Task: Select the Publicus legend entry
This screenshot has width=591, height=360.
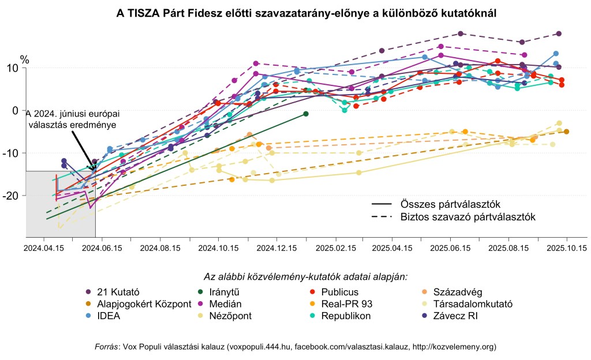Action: pyautogui.click(x=340, y=291)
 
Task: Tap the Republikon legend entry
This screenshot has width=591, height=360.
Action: pyautogui.click(x=346, y=316)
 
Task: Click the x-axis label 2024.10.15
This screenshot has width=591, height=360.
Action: pyautogui.click(x=218, y=248)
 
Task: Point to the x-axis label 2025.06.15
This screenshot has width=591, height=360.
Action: pyautogui.click(x=451, y=248)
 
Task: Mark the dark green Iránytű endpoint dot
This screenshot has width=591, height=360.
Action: pyautogui.click(x=306, y=114)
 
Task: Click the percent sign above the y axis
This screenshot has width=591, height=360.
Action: pyautogui.click(x=24, y=58)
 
